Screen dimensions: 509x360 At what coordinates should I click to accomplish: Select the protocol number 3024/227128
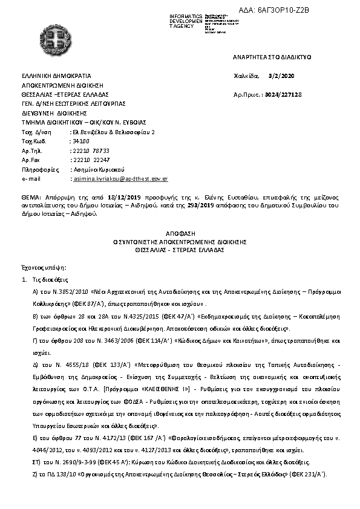tap(284, 95)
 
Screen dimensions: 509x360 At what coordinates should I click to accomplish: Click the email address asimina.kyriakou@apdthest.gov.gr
tap(120, 180)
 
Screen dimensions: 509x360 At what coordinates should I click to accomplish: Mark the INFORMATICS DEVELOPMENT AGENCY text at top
tap(186, 19)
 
